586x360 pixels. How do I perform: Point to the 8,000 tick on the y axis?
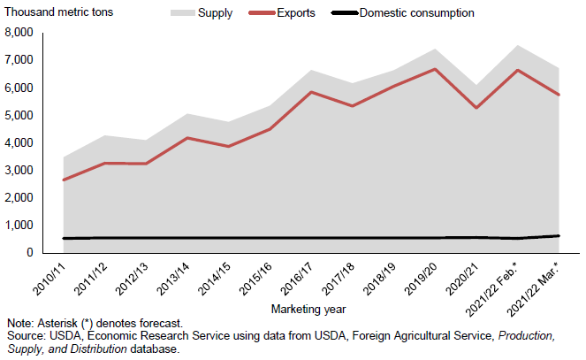click(x=19, y=33)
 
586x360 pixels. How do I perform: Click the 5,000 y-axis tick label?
click(x=19, y=115)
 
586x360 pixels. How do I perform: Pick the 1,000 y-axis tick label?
click(x=19, y=226)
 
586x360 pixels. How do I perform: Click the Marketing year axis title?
click(x=309, y=309)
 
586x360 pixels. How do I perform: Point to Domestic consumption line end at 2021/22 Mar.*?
click(x=557, y=235)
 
